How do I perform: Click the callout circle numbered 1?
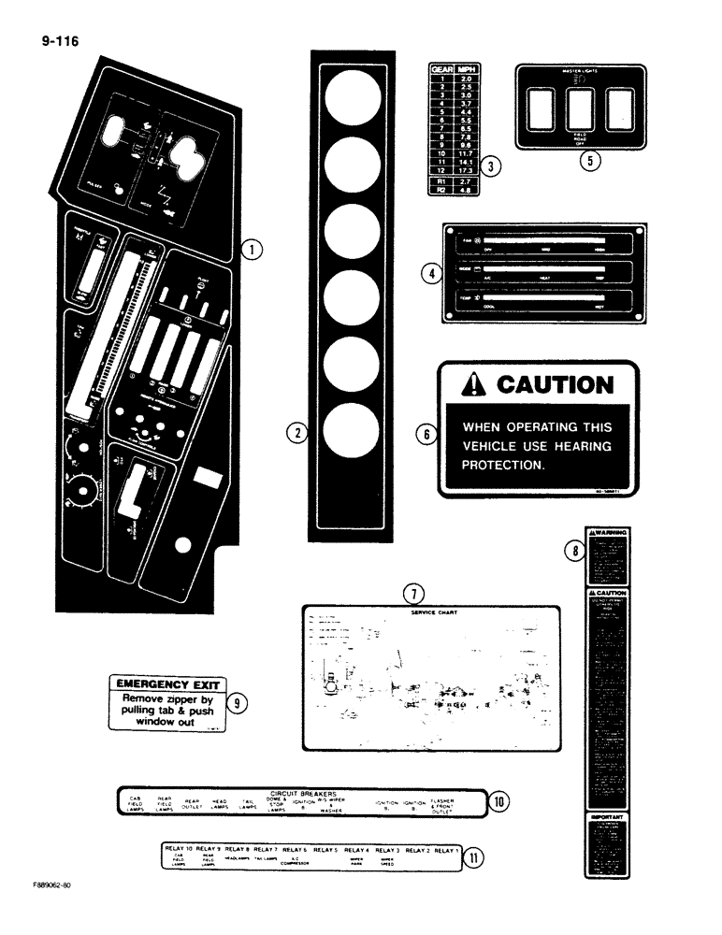click(x=252, y=250)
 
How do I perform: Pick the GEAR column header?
click(x=440, y=68)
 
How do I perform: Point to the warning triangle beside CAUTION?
click(x=477, y=385)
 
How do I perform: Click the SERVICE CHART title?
click(x=431, y=612)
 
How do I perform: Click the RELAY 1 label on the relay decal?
click(x=445, y=850)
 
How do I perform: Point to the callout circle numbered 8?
click(x=573, y=552)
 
